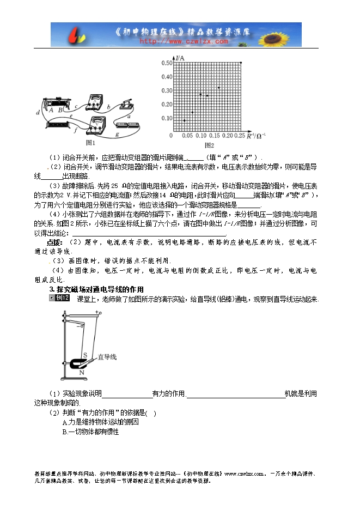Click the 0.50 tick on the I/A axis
point(166,63)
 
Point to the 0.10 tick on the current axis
point(166,118)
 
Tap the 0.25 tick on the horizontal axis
point(239,135)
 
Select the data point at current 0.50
point(241,63)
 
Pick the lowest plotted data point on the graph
point(185,120)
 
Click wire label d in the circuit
point(37,112)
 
